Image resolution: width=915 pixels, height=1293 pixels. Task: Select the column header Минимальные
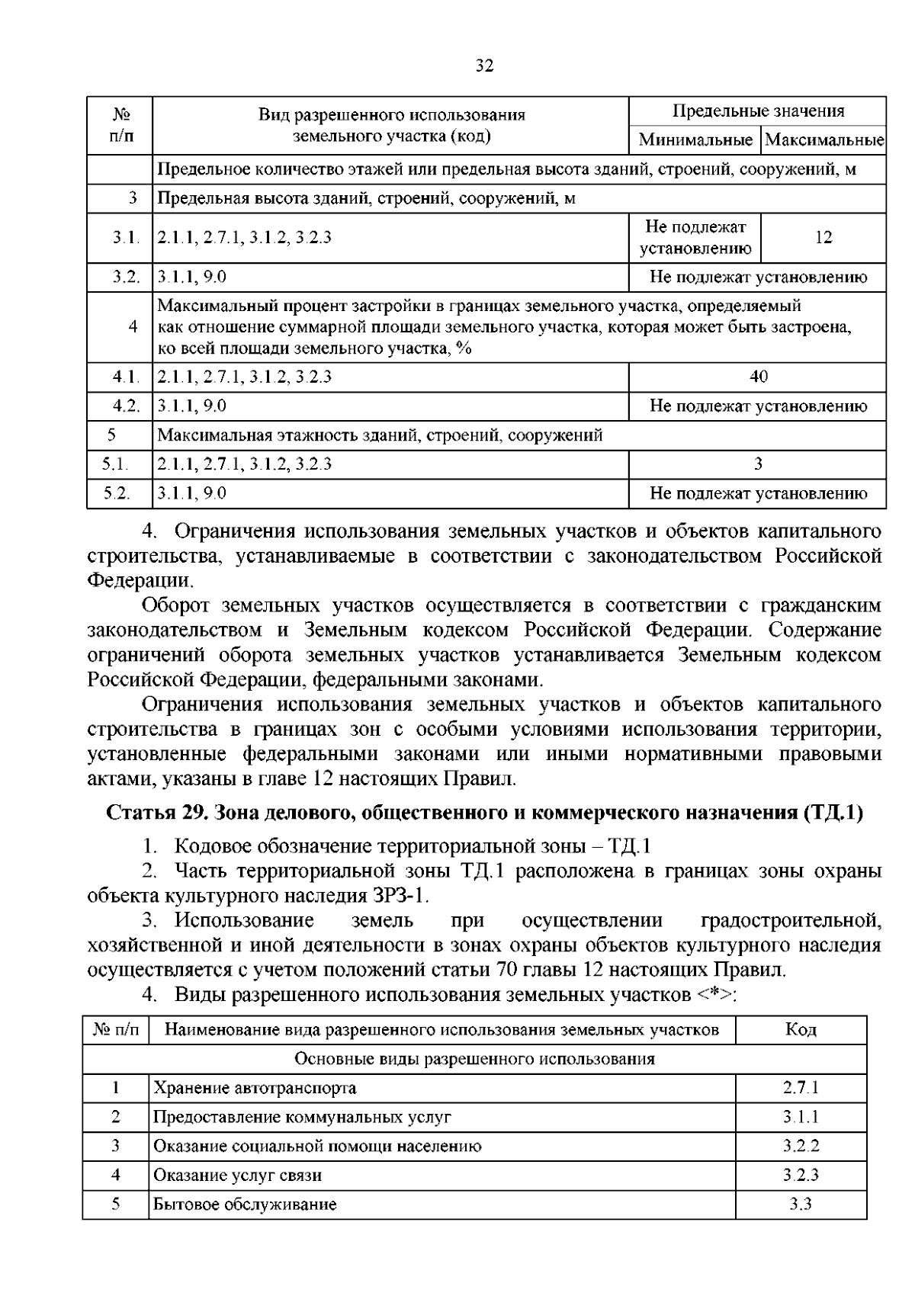pos(695,140)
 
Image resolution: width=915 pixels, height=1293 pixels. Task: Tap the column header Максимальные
pos(823,140)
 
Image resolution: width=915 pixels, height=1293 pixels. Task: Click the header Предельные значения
pos(758,111)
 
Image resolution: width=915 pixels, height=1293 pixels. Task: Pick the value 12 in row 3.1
pos(823,237)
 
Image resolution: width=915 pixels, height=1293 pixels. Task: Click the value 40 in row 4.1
pos(758,377)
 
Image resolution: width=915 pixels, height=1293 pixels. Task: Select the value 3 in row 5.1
pos(758,464)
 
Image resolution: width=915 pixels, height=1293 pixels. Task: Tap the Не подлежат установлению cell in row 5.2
pos(758,493)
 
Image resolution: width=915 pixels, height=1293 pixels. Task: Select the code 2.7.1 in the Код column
pos(801,1088)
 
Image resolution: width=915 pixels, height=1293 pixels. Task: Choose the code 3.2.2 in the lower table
pos(801,1146)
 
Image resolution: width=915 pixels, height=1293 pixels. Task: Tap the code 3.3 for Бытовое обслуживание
pos(801,1205)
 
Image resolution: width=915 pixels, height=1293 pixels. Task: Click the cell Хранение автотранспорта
pos(255,1088)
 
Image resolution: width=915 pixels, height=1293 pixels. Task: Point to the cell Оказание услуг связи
pos(237,1176)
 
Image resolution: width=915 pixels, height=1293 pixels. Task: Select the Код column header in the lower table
pos(801,1030)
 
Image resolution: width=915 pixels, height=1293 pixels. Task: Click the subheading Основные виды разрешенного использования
pos(474,1059)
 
